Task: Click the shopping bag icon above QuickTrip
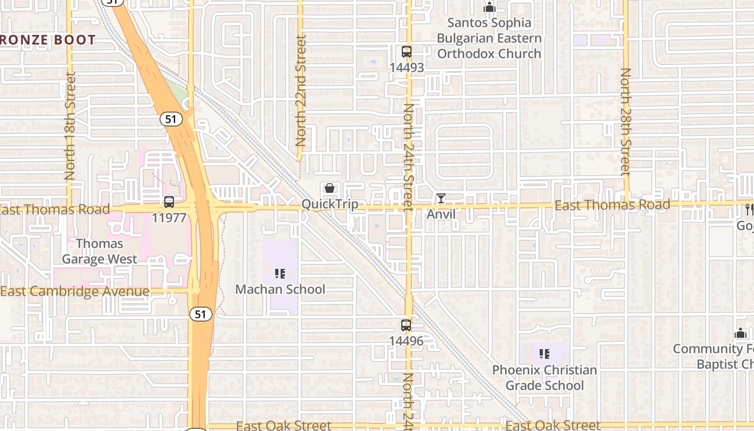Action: coord(330,188)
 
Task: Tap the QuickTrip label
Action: coord(330,204)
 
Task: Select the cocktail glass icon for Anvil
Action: coord(441,198)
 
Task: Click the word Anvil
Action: coord(441,214)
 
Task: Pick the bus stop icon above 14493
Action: coord(407,52)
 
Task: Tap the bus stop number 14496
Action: coord(407,341)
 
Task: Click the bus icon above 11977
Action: coord(169,202)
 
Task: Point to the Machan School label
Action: coord(280,289)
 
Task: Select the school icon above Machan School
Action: coord(280,274)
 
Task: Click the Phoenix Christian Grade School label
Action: coord(544,378)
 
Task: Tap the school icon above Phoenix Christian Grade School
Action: coord(544,354)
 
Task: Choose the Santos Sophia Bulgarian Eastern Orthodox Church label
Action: coord(489,38)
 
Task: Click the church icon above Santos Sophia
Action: coord(489,8)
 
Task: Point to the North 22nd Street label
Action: coord(301,91)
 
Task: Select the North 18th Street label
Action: coord(70,126)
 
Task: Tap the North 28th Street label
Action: coord(625,122)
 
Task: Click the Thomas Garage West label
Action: coord(100,251)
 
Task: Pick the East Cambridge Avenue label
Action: coord(75,291)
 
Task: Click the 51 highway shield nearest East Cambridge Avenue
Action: coord(200,314)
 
